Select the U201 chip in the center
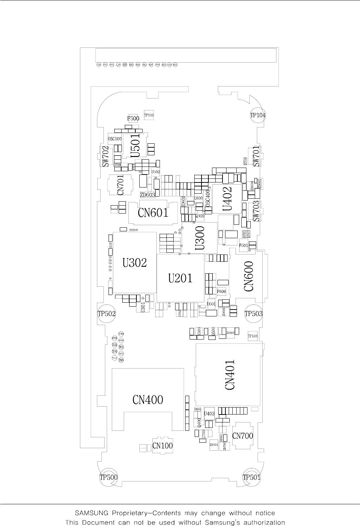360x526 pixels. click(180, 278)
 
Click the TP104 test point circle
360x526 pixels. click(258, 115)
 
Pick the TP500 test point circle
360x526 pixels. click(109, 477)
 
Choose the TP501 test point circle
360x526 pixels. click(251, 477)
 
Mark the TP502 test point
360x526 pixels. click(107, 314)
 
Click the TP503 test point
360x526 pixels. click(254, 314)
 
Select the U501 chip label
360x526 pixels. click(135, 145)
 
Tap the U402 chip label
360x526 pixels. click(227, 198)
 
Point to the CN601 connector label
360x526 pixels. click(153, 213)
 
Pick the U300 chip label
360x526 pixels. click(200, 238)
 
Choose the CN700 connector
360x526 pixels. click(242, 436)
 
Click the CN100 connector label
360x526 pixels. click(162, 446)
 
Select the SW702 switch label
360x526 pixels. click(105, 156)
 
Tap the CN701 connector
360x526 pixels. click(120, 185)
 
